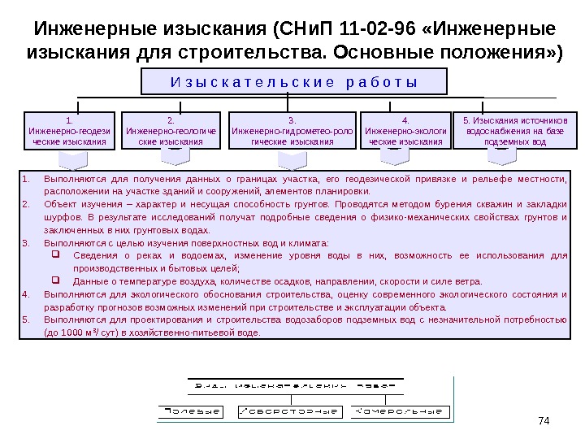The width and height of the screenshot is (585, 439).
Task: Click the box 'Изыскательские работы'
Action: [294, 81]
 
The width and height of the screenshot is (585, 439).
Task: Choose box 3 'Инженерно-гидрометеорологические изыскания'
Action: [292, 130]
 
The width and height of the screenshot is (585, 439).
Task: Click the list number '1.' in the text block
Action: [26, 179]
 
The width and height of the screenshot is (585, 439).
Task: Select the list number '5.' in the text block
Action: [26, 320]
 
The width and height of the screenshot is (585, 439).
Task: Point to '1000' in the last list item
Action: [71, 333]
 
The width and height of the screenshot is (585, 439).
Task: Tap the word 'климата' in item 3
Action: [310, 243]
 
